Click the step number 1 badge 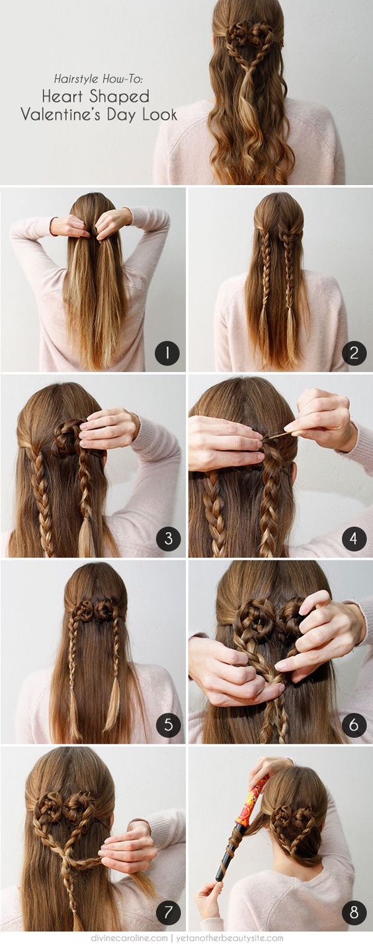pos(167,353)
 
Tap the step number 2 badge pos(354,353)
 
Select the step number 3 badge pos(168,539)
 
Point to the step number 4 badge pos(354,539)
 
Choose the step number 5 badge pos(168,725)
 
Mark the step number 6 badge pos(354,725)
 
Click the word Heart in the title pos(62,97)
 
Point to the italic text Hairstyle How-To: pos(99,79)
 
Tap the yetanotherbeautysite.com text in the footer pos(227,937)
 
